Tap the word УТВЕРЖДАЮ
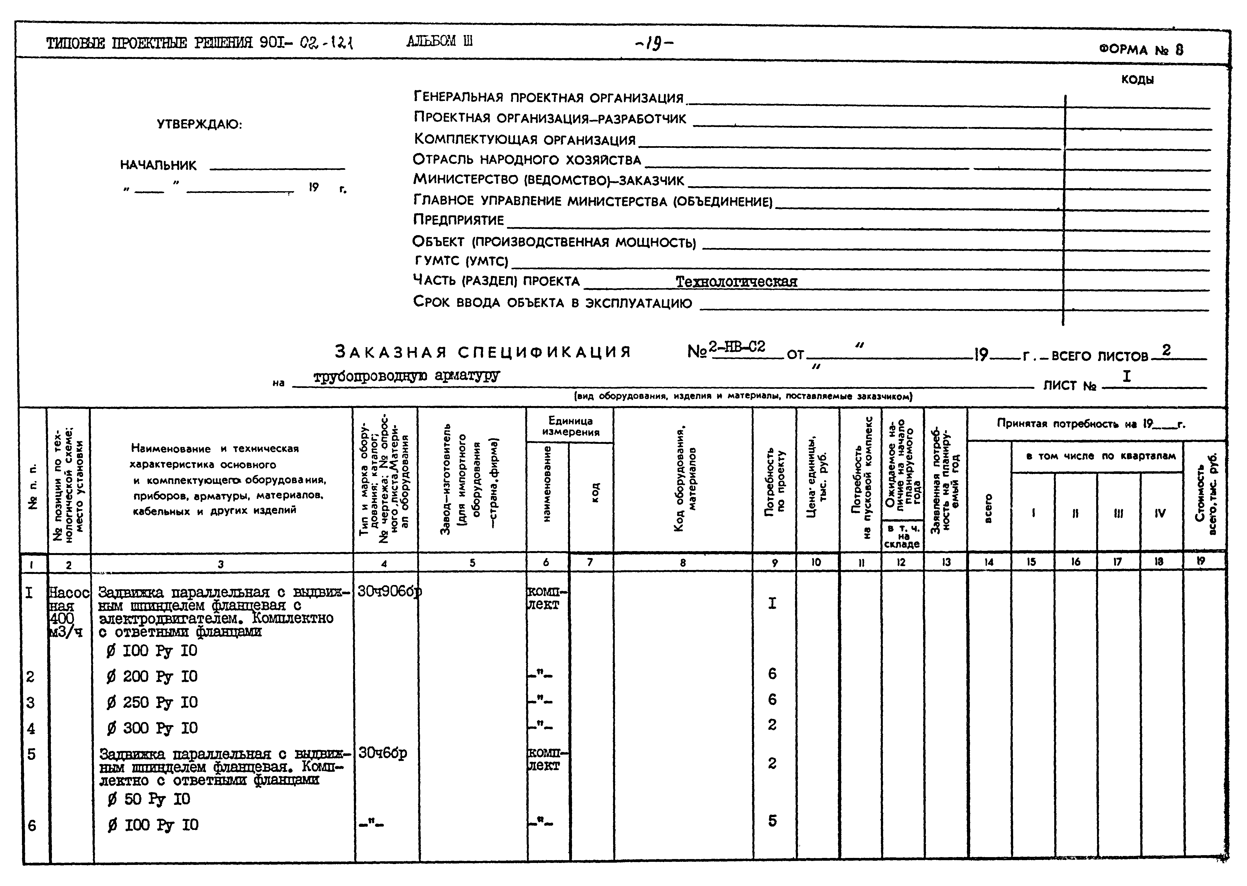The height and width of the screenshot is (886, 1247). [x=199, y=125]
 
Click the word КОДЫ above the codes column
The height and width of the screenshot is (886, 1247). [x=1137, y=80]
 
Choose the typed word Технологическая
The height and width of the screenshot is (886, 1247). [x=736, y=282]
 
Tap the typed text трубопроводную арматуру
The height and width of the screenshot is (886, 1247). [x=406, y=376]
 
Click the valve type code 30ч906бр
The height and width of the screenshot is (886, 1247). [x=389, y=591]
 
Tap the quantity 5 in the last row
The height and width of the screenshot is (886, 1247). [x=772, y=821]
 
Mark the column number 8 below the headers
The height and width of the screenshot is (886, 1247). [x=683, y=563]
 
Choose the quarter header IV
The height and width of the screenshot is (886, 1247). [x=1160, y=513]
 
